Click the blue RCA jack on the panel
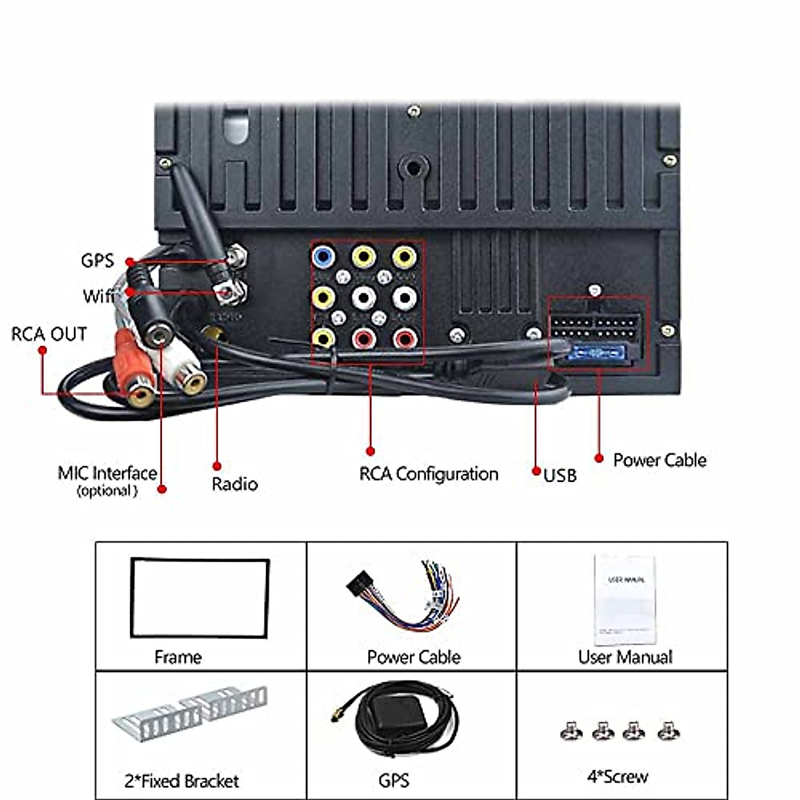[323, 256]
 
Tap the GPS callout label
[97, 261]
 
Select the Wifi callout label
[98, 295]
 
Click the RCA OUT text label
[49, 334]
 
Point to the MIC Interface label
[107, 474]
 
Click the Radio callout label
[235, 484]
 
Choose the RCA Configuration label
[429, 474]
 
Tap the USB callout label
[560, 475]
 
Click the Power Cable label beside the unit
[659, 460]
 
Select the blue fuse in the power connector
[597, 354]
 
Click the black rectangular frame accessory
[200, 598]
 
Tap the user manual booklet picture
[625, 599]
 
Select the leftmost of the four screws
[571, 731]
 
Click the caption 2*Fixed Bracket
[181, 781]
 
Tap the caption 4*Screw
[617, 777]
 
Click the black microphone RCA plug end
[158, 333]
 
